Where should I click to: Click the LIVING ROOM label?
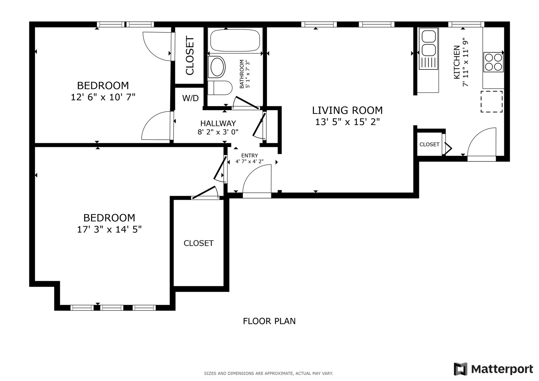click(347, 110)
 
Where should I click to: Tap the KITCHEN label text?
click(456, 62)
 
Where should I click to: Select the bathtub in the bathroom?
click(235, 41)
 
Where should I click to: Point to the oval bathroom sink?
click(217, 67)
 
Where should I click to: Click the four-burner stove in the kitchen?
click(493, 62)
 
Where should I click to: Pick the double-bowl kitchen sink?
click(429, 43)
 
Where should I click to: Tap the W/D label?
click(190, 98)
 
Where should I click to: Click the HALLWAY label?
click(218, 123)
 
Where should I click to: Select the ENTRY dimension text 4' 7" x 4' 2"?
click(249, 162)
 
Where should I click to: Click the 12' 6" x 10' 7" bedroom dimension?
click(103, 97)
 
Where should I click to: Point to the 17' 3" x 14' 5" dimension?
click(109, 230)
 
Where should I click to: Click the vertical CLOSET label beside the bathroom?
click(190, 56)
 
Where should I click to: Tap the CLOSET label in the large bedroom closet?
click(199, 243)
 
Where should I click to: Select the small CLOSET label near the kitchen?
click(429, 144)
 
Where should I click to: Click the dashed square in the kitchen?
click(491, 102)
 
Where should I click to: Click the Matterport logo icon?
click(460, 369)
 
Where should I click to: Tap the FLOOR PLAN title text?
click(269, 321)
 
